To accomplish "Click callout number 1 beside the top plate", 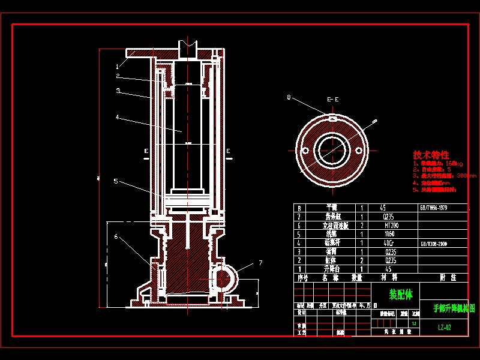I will click(x=118, y=66).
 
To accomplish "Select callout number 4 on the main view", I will click(x=118, y=117).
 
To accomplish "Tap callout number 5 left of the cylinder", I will click(x=116, y=181).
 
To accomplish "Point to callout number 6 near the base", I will click(x=116, y=236).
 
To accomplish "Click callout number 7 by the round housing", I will click(x=260, y=262).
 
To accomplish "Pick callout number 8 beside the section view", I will click(x=289, y=97).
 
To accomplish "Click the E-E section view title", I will click(x=332, y=99).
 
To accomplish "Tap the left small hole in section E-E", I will click(x=305, y=149).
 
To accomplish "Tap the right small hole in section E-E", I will click(x=359, y=149).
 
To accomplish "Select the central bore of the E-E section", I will click(x=332, y=149).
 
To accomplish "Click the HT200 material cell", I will click(x=392, y=226).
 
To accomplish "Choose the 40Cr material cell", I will click(x=392, y=243).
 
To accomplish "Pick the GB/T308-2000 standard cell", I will click(x=434, y=243).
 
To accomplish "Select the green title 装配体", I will click(x=401, y=295).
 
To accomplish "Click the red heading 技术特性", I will click(x=431, y=155).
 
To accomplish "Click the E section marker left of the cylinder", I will click(x=146, y=151).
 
